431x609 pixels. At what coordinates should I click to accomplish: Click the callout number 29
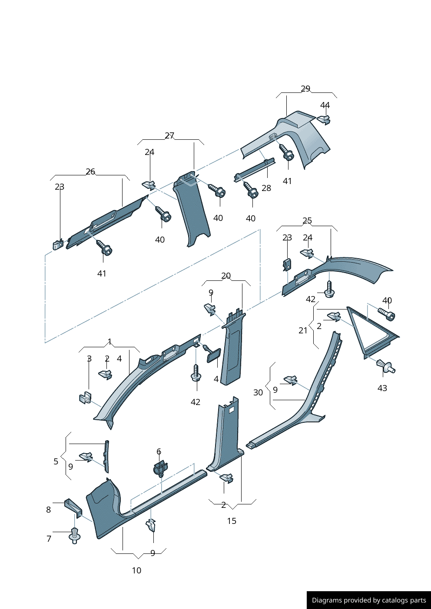point(305,89)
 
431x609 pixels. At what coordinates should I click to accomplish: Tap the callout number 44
point(325,105)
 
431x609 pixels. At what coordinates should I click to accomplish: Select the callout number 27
point(169,136)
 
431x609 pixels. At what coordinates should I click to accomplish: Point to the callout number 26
point(90,171)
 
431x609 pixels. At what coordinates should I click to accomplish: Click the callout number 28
point(266,188)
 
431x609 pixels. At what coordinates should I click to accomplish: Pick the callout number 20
point(226,276)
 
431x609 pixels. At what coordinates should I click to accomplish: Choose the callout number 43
point(382,388)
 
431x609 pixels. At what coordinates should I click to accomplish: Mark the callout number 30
point(258,392)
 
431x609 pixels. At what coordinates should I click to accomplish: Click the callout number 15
point(232,521)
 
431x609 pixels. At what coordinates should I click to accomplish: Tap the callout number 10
point(136,570)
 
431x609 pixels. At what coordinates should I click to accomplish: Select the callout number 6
point(159,451)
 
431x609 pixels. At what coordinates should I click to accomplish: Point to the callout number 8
point(49,510)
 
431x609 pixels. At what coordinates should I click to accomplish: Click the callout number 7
point(49,539)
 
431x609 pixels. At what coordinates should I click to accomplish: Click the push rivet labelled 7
point(75,536)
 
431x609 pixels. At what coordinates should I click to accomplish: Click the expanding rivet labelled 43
point(386,367)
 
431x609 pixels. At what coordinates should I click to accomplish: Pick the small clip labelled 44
point(324,119)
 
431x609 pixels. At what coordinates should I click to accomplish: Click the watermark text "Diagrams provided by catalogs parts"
point(369,600)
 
